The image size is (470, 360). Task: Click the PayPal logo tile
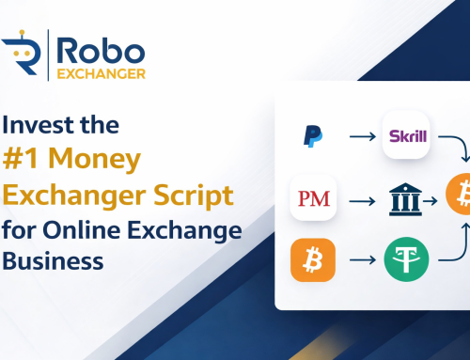coord(313,137)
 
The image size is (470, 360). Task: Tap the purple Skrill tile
coord(407,137)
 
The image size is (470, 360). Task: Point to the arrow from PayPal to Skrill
coord(360,138)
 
